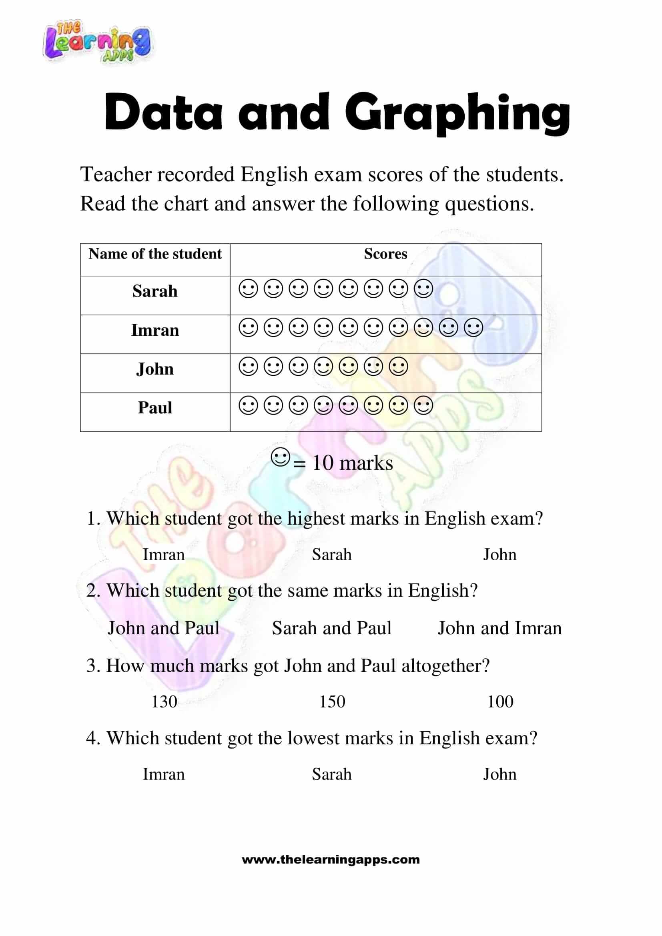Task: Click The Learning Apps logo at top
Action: pos(97,42)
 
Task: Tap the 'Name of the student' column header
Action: pos(155,254)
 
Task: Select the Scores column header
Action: pos(385,254)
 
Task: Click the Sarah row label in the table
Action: pos(155,291)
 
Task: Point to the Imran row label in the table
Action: pos(155,330)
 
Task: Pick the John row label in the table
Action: pos(155,369)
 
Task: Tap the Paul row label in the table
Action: pos(155,408)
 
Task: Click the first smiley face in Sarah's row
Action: pos(248,289)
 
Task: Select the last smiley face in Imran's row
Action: pos(473,327)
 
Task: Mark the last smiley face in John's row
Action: pos(398,367)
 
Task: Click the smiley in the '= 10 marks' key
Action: pos(281,457)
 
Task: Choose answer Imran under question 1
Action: pos(163,555)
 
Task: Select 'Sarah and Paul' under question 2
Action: pos(331,628)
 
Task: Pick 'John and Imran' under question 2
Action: pos(500,628)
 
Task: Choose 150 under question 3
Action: pos(332,701)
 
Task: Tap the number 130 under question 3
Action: pos(164,701)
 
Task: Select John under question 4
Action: pos(500,774)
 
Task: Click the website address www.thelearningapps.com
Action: pos(331,860)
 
